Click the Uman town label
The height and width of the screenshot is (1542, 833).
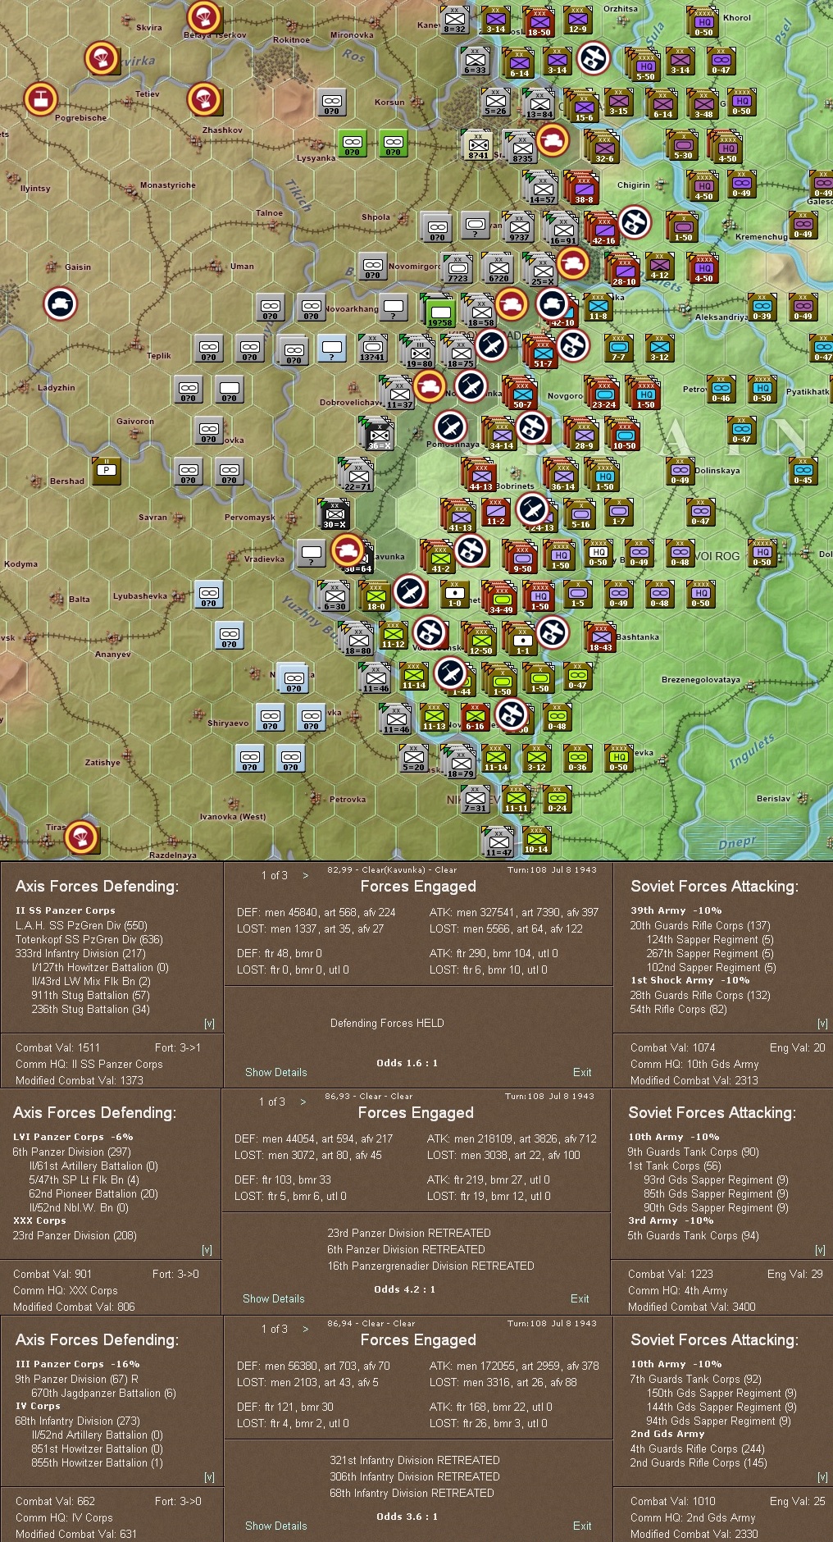(x=242, y=267)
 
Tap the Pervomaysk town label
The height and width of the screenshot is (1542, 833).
(x=249, y=518)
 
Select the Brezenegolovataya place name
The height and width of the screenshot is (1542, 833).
(x=700, y=680)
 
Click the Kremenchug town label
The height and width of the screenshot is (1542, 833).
(x=761, y=237)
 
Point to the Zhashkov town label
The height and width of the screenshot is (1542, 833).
(x=222, y=130)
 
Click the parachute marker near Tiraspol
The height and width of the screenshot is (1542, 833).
(x=81, y=837)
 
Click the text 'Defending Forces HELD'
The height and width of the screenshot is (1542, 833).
(x=387, y=1023)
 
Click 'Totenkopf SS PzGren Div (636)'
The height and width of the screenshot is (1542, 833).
(x=89, y=939)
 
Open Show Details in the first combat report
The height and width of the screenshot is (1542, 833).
(x=275, y=1072)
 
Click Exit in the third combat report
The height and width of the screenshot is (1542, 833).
(x=582, y=1526)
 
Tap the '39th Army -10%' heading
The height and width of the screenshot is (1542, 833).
(x=676, y=910)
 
